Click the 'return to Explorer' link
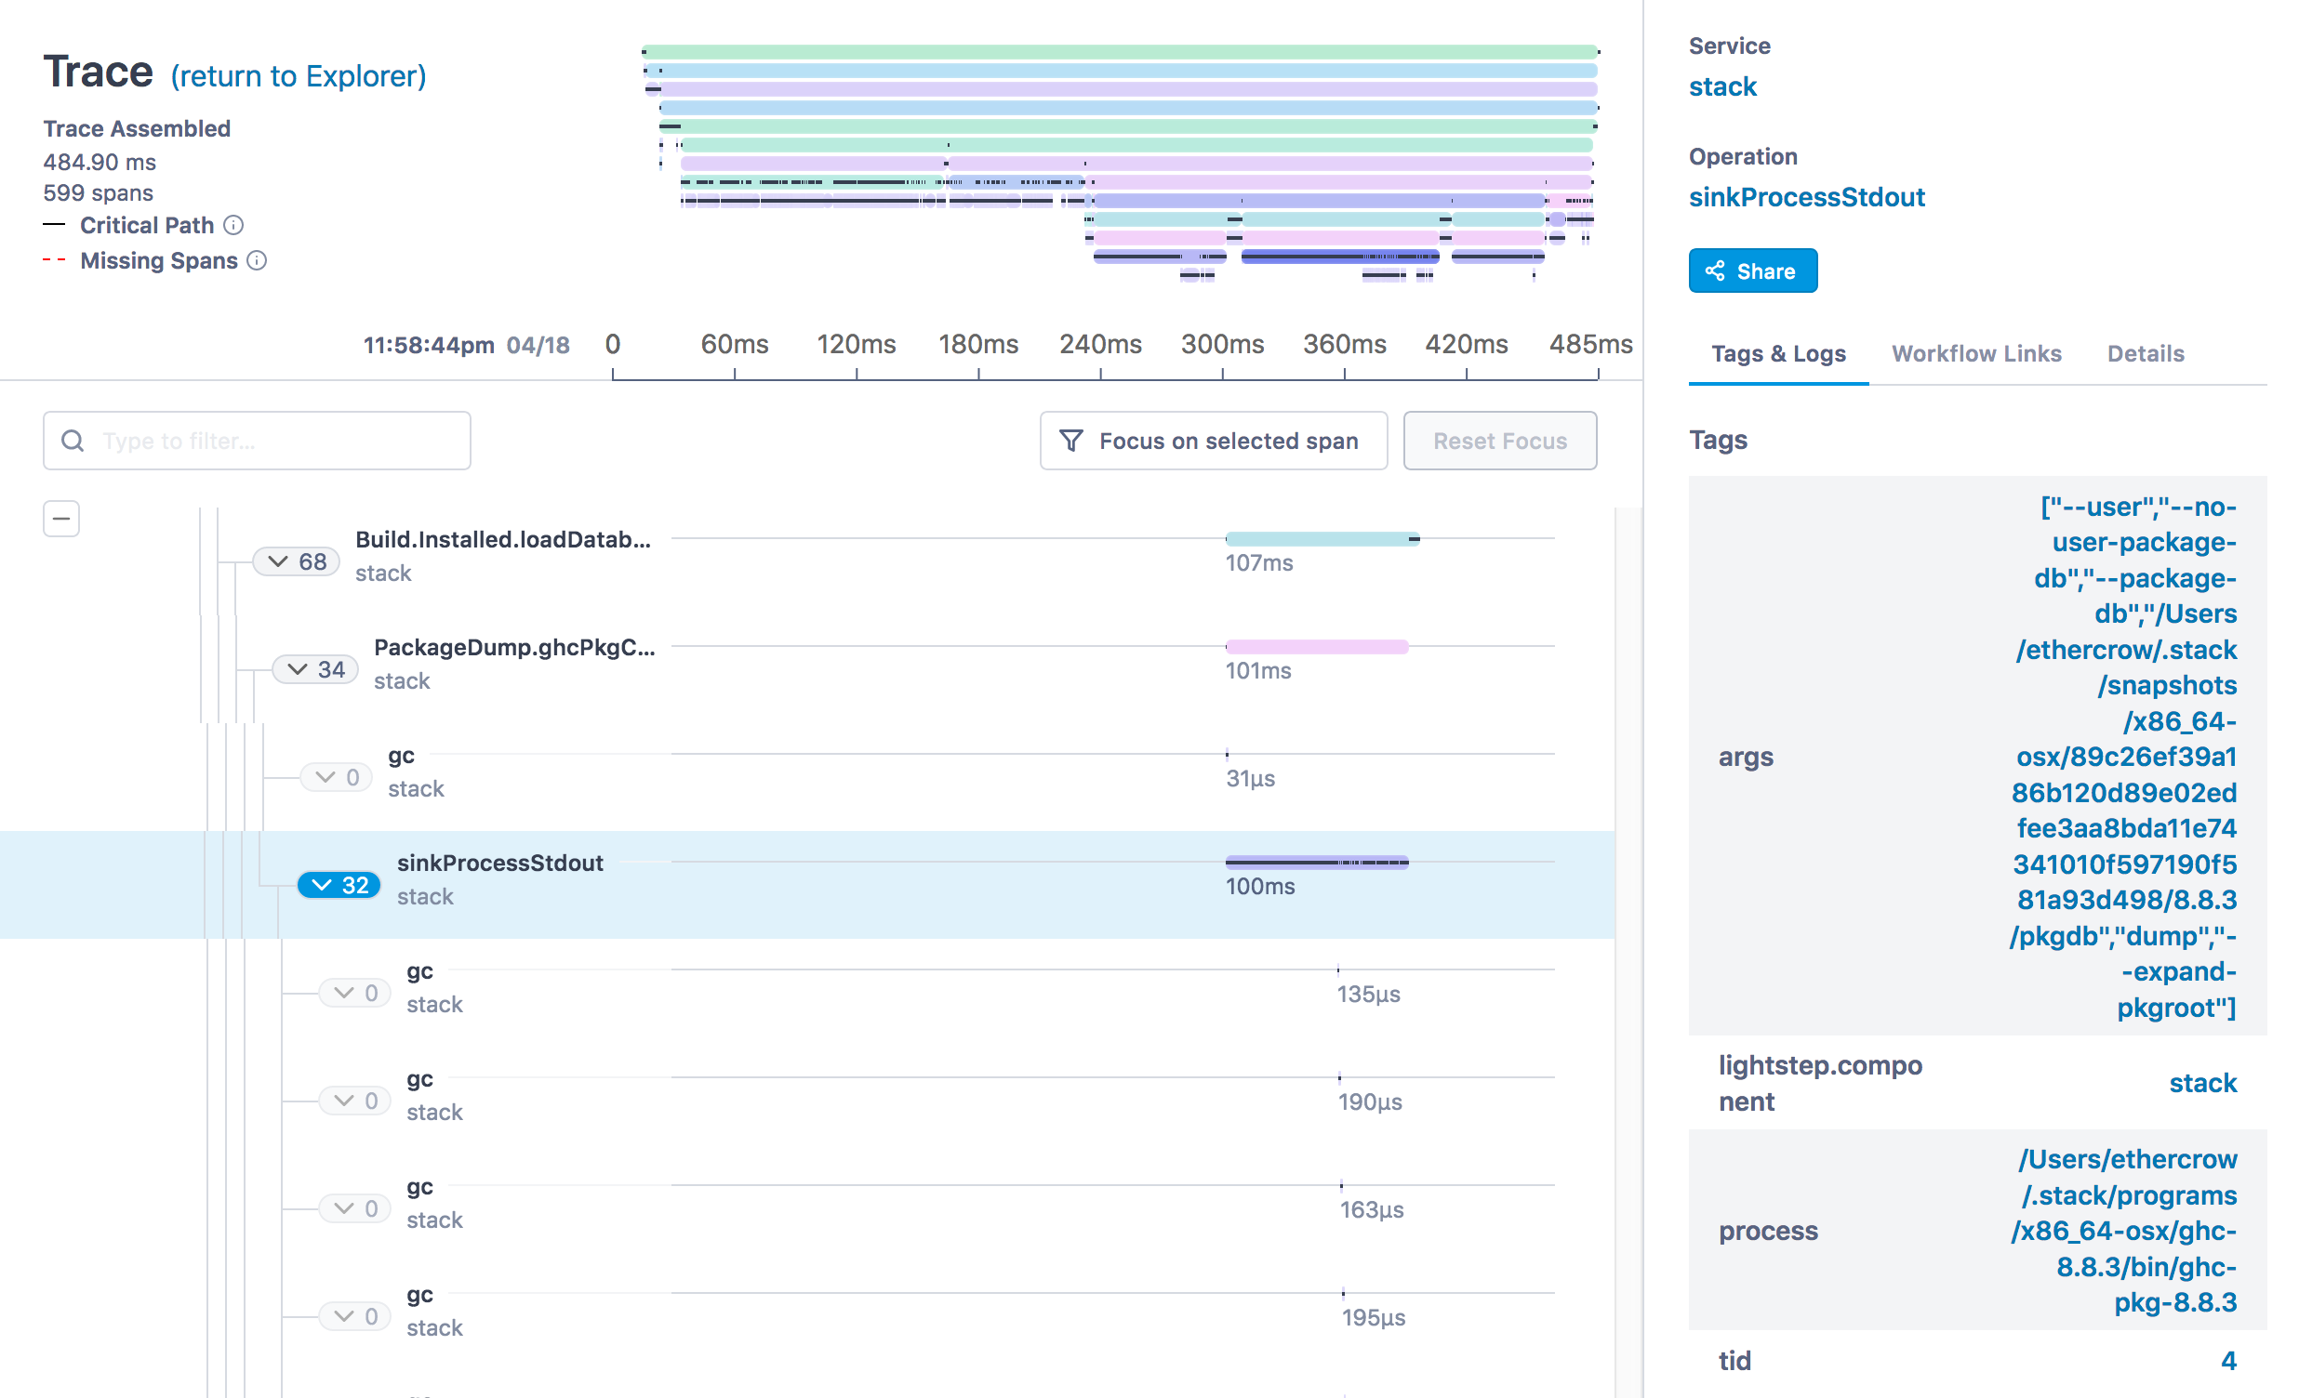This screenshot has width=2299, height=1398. [x=298, y=75]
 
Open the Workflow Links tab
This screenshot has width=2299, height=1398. [x=1975, y=353]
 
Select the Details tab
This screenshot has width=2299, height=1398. [x=2145, y=353]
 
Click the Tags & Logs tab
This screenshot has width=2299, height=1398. [x=1777, y=353]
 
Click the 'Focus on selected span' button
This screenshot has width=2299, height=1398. [x=1213, y=441]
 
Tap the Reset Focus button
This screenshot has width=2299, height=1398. [x=1499, y=441]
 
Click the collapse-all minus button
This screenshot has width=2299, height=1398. [x=61, y=519]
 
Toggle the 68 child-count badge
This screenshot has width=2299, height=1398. [x=297, y=561]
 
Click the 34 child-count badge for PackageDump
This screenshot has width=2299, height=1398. [x=315, y=669]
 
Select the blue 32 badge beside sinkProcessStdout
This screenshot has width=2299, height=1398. [x=339, y=885]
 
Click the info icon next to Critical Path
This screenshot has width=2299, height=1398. [x=234, y=225]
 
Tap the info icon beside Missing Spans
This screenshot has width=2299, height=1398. [x=258, y=260]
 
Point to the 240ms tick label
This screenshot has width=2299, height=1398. [x=1100, y=344]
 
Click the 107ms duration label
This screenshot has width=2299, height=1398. [x=1258, y=563]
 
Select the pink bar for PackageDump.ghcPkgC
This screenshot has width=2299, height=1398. [x=1317, y=646]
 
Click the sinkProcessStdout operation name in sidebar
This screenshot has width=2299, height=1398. [x=1806, y=197]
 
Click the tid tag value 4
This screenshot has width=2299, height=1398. [x=2228, y=1361]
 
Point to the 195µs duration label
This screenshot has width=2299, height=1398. [x=1374, y=1318]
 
